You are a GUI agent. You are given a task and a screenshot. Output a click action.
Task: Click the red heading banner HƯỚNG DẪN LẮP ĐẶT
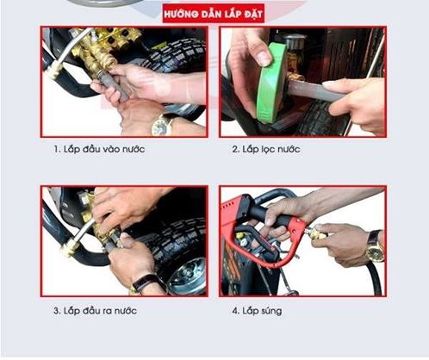[x=213, y=14]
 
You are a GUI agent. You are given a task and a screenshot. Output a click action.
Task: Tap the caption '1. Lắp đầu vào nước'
[x=99, y=149]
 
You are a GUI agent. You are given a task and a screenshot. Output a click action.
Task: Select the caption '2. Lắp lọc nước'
[x=266, y=149]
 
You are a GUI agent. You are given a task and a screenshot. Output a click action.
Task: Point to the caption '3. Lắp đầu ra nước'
[x=95, y=311]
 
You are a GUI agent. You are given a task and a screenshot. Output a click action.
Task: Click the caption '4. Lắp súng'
[x=257, y=311]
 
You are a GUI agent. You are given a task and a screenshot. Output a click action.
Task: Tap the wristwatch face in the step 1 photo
[x=161, y=127]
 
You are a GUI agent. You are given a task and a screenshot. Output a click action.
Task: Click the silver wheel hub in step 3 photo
[x=187, y=276]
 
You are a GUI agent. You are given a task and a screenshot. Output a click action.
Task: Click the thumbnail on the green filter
[x=264, y=58]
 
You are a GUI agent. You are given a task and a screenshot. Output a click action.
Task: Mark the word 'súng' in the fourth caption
[x=272, y=312]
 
